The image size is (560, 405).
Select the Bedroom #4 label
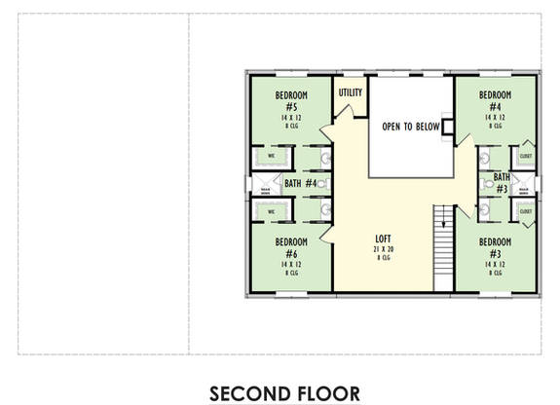tap(496, 100)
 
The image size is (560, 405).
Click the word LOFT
tap(383, 238)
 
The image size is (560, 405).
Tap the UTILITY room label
tap(351, 93)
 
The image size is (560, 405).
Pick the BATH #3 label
tap(502, 183)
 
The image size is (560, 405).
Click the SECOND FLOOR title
tap(283, 392)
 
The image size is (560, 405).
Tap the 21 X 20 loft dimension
tap(383, 248)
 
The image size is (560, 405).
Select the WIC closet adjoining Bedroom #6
tap(273, 210)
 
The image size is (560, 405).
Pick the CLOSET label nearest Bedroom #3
tap(525, 210)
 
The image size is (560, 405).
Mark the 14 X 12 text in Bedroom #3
tap(496, 264)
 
